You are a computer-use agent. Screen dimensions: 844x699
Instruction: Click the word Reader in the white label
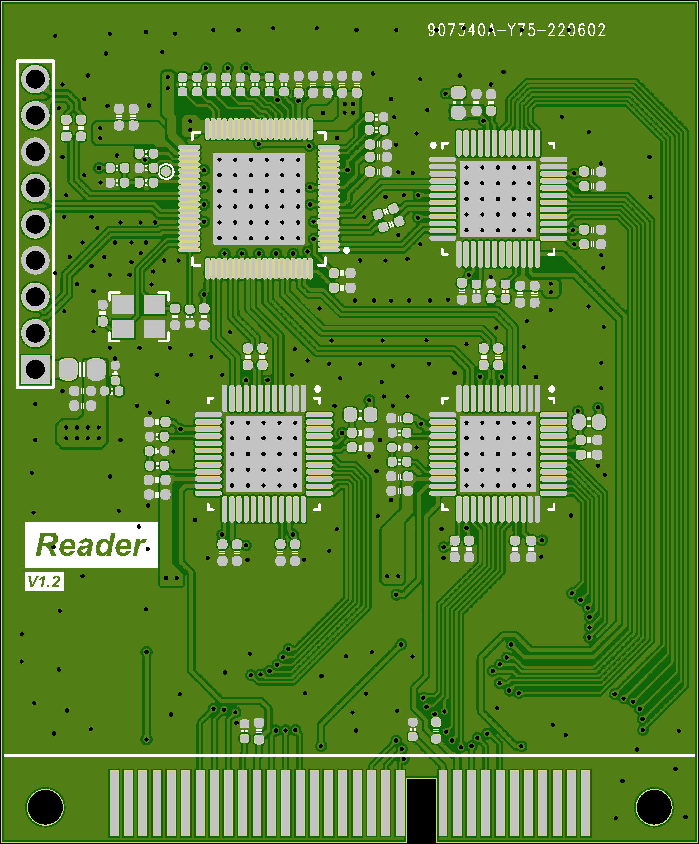coord(91,545)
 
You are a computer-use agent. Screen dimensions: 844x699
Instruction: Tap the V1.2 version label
coord(44,581)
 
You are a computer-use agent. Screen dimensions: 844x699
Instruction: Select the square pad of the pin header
coord(35,369)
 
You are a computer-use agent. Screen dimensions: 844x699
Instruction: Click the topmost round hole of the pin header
coord(35,79)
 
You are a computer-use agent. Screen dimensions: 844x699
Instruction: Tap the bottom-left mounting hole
coord(45,807)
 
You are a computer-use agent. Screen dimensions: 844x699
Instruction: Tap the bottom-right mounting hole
coord(654,807)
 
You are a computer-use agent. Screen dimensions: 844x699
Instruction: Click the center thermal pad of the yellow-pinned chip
coord(258,199)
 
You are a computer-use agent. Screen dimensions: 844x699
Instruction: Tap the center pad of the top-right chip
coord(498,199)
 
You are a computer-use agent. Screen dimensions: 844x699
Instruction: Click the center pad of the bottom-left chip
coord(263,454)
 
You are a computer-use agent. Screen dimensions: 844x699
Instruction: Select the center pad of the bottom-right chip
coord(498,454)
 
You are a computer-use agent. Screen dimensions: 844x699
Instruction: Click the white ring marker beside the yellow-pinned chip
coord(166,171)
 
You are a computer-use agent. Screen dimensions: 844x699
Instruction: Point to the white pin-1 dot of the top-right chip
coord(433,145)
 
